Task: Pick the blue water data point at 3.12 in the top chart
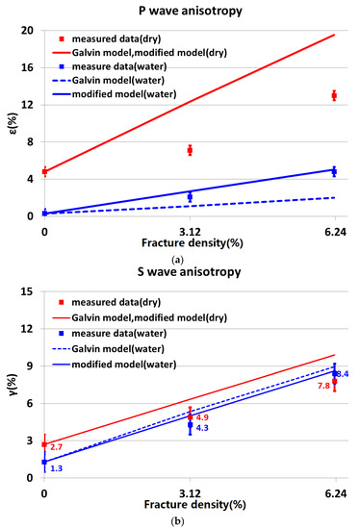[190, 197]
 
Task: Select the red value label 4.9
[202, 417]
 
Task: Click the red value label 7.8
[321, 383]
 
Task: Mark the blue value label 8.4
[342, 373]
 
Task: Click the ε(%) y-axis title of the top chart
[11, 122]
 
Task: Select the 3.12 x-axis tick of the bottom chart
[190, 493]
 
